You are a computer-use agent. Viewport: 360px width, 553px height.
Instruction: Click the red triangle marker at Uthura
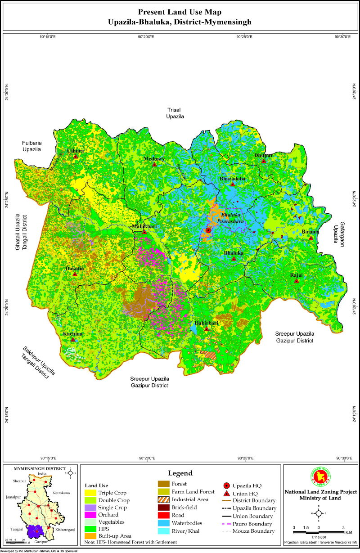click(76, 157)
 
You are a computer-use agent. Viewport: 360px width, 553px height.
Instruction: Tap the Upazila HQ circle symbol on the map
click(208, 230)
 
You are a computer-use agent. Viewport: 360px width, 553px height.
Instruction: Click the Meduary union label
click(154, 159)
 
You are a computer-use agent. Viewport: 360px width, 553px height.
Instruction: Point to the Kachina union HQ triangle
click(73, 340)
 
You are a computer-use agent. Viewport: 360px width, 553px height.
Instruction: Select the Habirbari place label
click(207, 323)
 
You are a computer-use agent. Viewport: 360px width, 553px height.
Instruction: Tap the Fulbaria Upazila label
click(31, 145)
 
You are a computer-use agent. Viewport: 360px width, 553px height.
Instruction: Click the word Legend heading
click(180, 473)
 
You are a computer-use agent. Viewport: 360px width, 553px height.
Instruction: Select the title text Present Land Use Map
click(180, 12)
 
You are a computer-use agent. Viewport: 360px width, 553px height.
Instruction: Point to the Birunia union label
click(310, 232)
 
